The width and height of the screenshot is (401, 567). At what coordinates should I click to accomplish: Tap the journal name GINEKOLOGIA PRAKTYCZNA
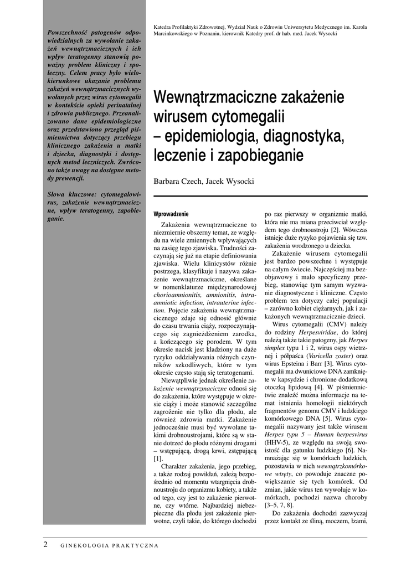110,545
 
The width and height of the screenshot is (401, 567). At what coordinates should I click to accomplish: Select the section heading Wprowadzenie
171,214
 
